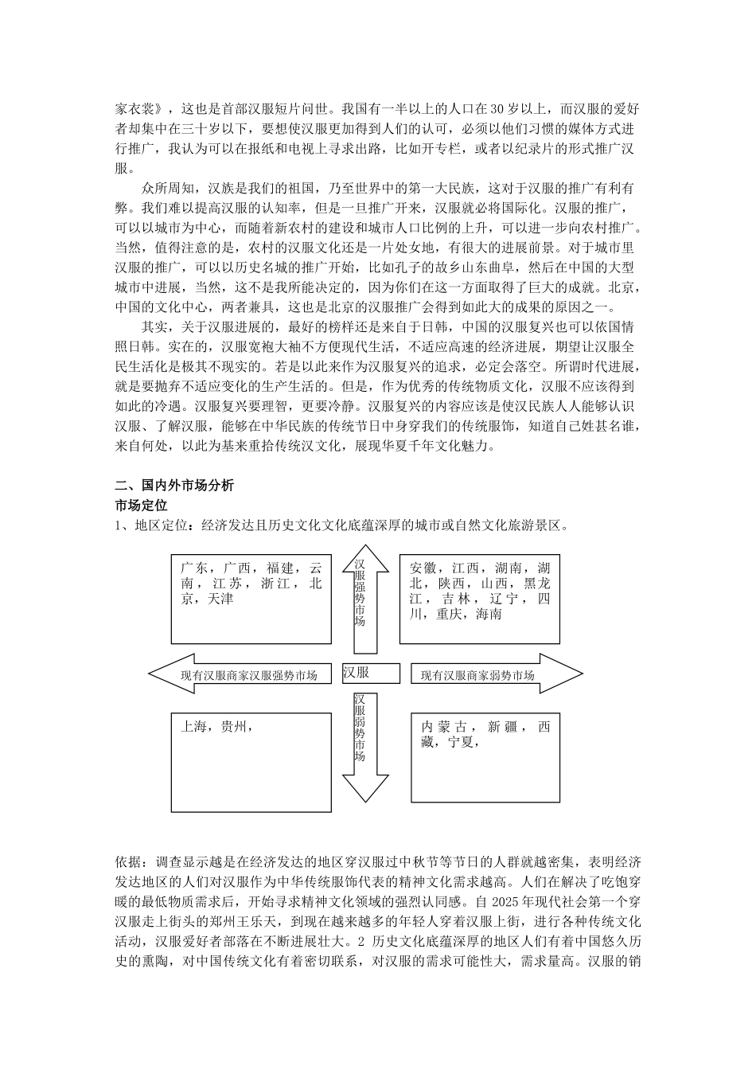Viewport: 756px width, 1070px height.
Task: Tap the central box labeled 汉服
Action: [357, 672]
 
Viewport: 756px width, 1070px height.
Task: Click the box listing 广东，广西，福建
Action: [251, 599]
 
